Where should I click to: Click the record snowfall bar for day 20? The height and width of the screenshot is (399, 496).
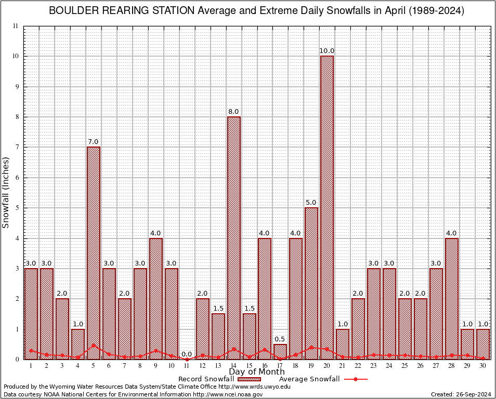pos(327,208)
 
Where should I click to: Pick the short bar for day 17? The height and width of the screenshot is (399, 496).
pos(280,351)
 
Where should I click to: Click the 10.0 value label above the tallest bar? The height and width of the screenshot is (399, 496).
pos(327,51)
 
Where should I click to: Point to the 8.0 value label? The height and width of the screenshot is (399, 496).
pos(233,112)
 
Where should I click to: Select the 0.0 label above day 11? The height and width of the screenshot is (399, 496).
pos(187,354)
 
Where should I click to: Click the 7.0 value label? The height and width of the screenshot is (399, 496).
pos(94,142)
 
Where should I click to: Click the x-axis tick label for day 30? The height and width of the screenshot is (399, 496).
pos(483,366)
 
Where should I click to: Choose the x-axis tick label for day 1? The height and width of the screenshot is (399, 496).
pos(31,366)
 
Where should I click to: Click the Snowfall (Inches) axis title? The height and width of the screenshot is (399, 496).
pos(6,192)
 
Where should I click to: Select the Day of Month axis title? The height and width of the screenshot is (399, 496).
pos(257,371)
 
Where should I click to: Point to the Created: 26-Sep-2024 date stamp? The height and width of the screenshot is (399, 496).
pos(461,394)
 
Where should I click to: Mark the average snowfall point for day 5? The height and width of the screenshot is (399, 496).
pos(94,345)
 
